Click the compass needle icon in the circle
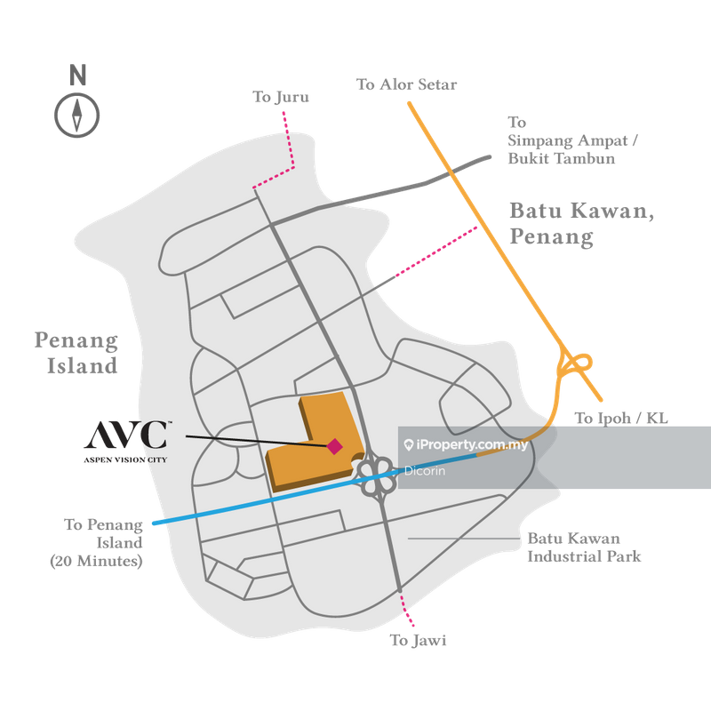[x=77, y=116]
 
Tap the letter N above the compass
[x=78, y=75]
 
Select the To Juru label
[x=281, y=97]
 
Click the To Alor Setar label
[x=406, y=84]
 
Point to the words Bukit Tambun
[x=562, y=159]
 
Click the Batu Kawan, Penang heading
[x=582, y=224]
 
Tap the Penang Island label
[x=76, y=353]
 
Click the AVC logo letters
[x=127, y=435]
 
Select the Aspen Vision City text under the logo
[x=125, y=459]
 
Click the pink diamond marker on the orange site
[x=334, y=446]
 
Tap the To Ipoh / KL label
[x=621, y=418]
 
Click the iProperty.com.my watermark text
[x=472, y=445]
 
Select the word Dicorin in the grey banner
[x=425, y=471]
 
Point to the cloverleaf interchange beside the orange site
[x=375, y=475]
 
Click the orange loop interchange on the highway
[x=575, y=364]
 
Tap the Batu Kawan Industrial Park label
[x=584, y=547]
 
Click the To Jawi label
[x=418, y=640]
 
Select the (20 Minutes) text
[x=96, y=562]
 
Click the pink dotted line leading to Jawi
[x=406, y=609]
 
